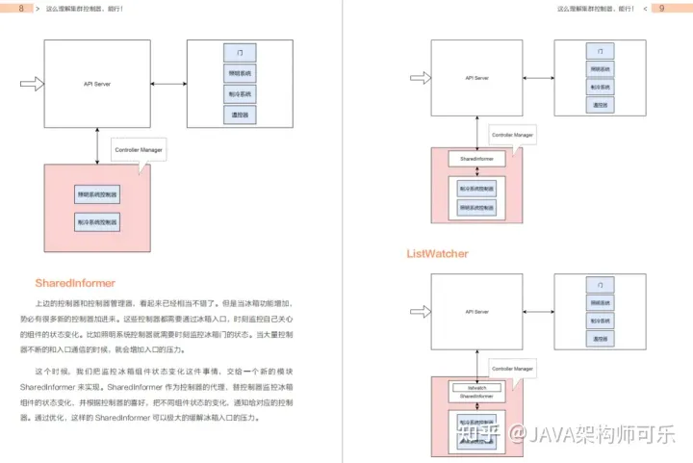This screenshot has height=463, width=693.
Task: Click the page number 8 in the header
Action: click(21, 9)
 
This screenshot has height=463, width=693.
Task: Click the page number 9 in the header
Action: click(663, 9)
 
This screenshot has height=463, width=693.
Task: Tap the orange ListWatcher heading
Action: click(437, 254)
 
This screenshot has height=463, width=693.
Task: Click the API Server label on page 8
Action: click(97, 85)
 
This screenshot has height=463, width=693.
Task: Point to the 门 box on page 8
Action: click(239, 51)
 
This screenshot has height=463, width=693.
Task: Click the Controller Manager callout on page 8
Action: click(139, 151)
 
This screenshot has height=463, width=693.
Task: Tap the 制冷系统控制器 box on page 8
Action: click(97, 222)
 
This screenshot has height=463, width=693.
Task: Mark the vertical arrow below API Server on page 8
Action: click(97, 144)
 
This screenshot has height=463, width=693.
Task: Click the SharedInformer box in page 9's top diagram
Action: click(476, 157)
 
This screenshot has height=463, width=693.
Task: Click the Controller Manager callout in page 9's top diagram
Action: click(510, 136)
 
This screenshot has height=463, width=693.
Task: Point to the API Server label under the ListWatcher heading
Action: click(476, 311)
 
